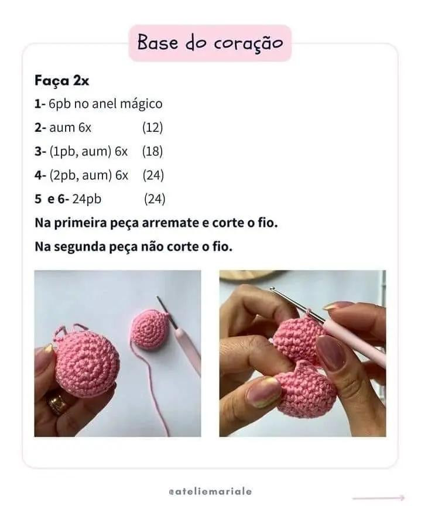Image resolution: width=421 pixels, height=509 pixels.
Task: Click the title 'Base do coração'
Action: point(210,43)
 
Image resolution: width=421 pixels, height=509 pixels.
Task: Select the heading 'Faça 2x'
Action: point(61,81)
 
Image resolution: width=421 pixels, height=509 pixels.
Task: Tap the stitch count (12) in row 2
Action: point(152,127)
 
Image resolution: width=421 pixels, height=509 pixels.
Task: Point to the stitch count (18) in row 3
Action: point(152,151)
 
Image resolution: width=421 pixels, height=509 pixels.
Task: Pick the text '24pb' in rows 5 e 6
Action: point(87,199)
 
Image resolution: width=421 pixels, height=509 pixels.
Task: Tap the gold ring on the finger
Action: point(57,403)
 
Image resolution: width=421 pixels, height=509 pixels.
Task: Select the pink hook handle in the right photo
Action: point(357,343)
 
